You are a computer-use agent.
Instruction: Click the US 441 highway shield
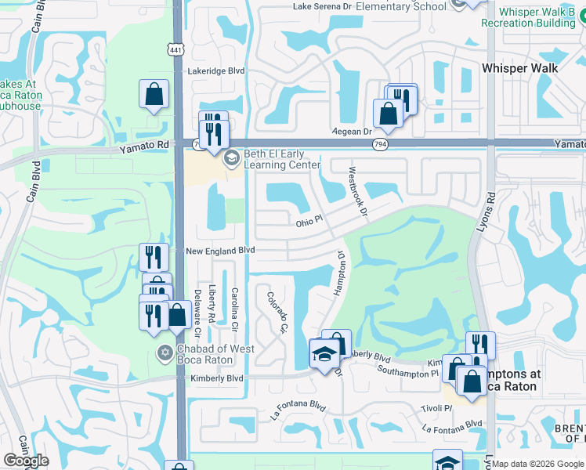coord(178,49)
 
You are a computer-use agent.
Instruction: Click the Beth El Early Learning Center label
coord(282,159)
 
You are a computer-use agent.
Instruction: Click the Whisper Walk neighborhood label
coord(521,68)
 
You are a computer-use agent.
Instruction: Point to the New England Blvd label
coord(220,251)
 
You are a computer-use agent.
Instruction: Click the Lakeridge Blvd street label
coord(216,70)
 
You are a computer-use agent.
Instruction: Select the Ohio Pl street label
coord(309,221)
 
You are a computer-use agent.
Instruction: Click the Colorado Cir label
coord(278,312)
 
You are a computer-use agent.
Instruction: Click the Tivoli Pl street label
coord(438,408)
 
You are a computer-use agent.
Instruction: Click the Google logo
coord(27,460)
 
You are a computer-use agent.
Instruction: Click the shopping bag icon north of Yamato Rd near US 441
coord(154,95)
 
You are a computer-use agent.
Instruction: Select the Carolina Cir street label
coord(235,307)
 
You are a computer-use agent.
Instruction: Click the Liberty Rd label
coord(212,304)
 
